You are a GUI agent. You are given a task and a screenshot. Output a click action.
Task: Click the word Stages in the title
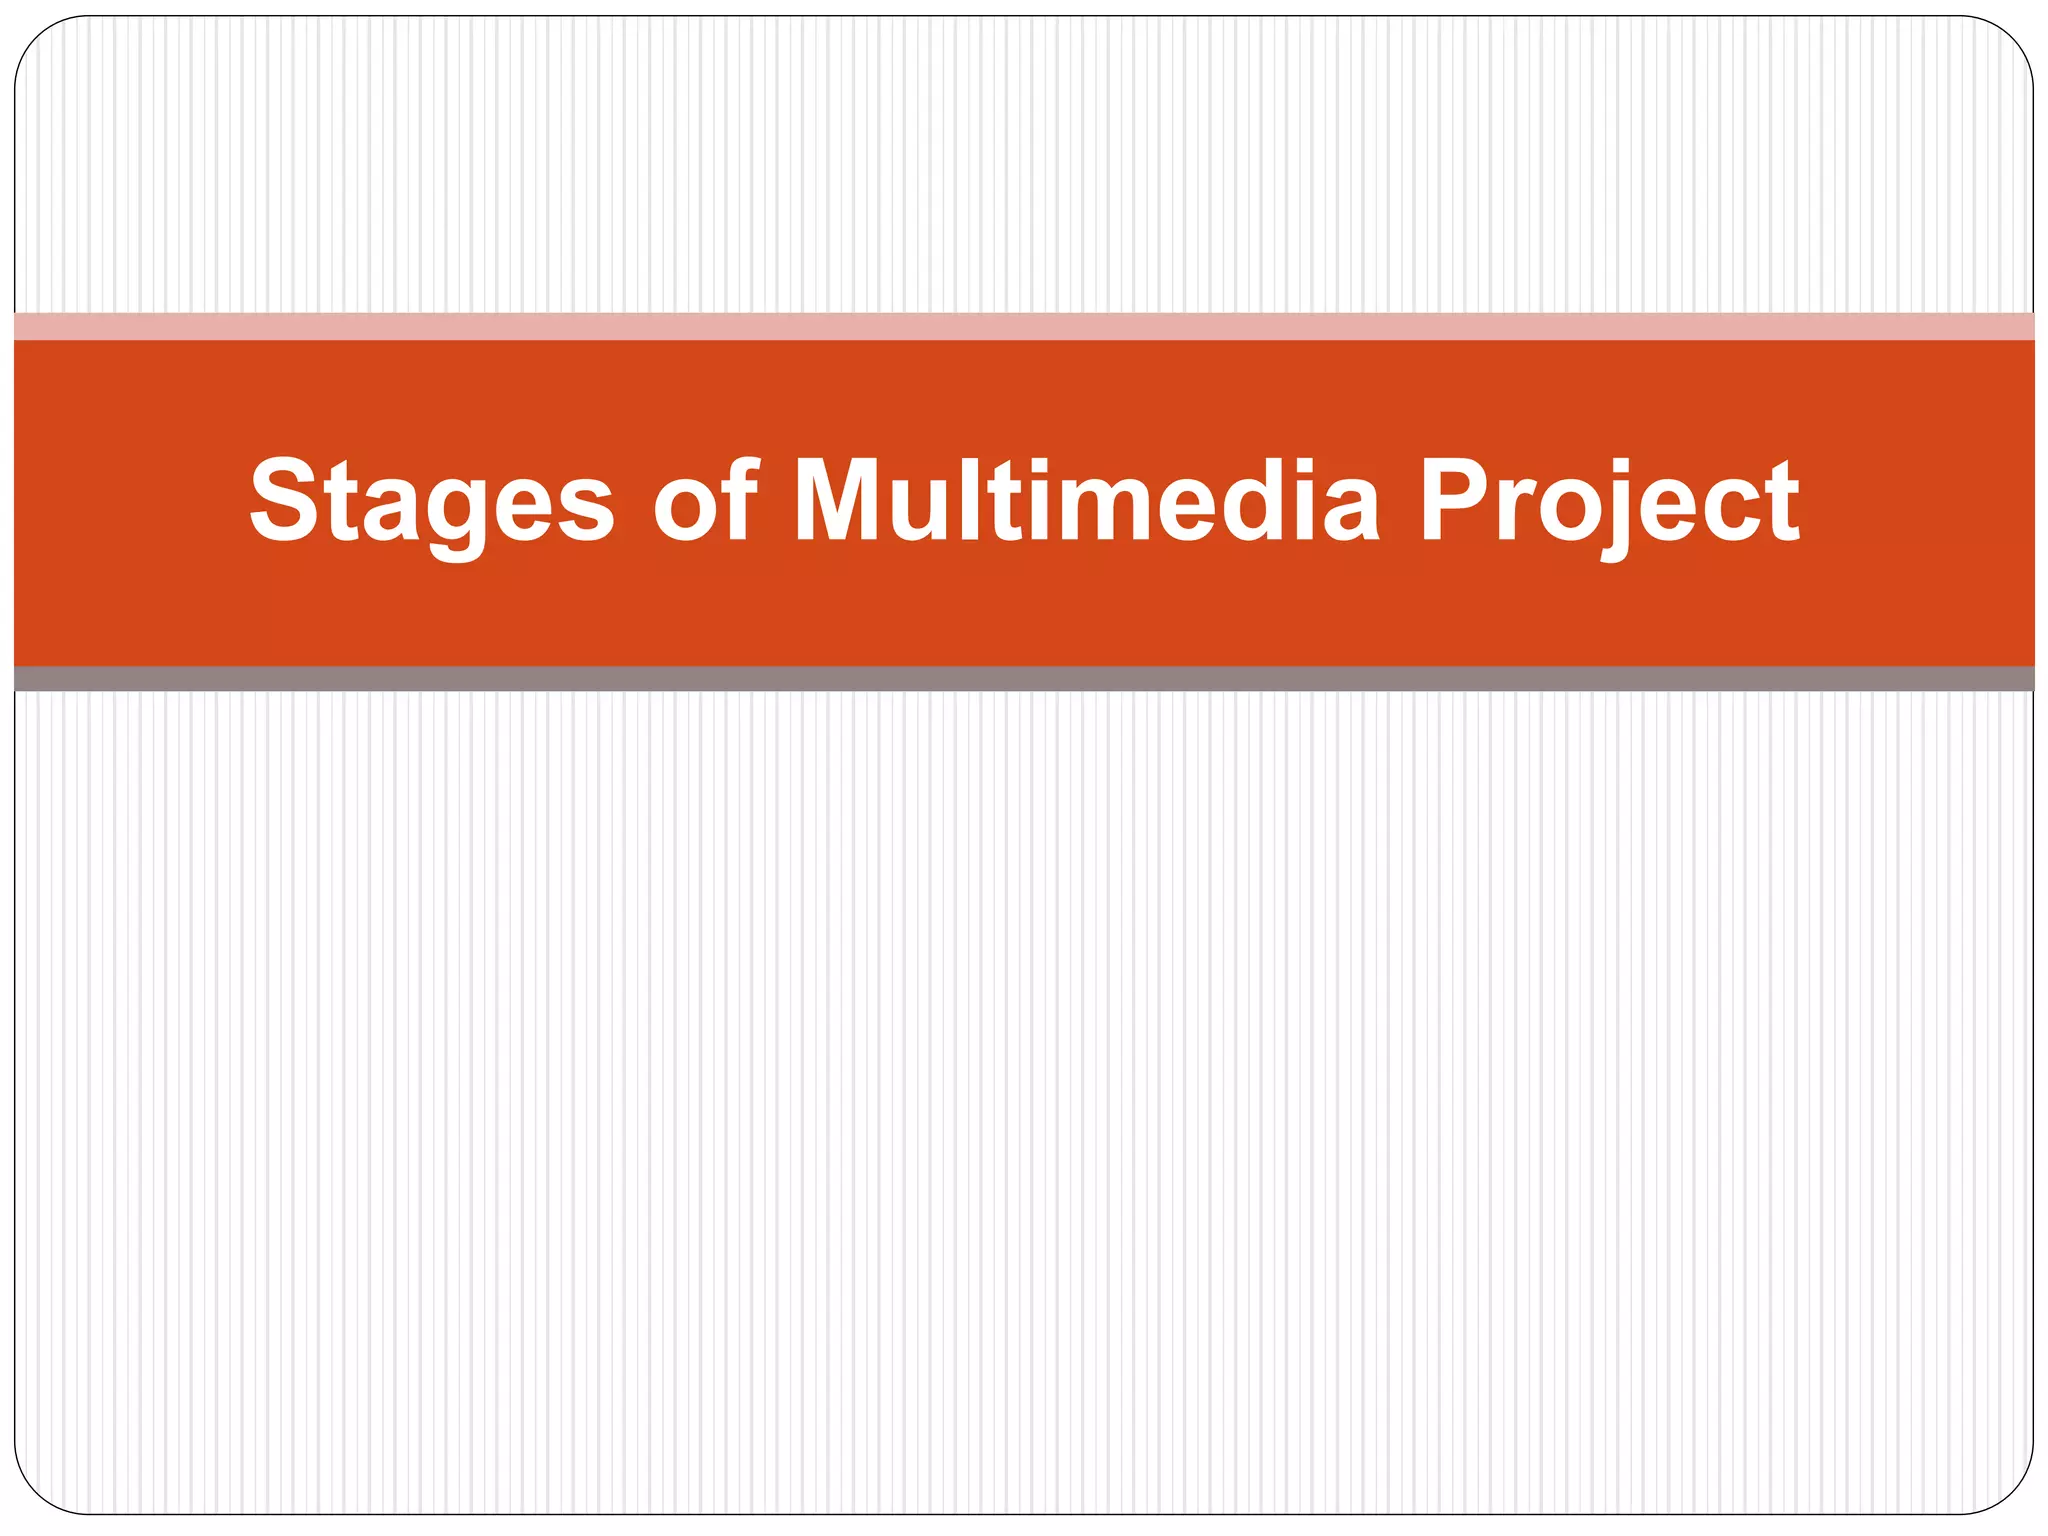432,500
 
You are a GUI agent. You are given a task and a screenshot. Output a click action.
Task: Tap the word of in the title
706,500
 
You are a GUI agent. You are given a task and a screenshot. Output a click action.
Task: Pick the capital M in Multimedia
842,500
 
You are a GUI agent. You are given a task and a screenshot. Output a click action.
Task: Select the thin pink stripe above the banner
1024,326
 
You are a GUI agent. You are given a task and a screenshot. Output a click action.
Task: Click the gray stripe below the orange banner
1024,679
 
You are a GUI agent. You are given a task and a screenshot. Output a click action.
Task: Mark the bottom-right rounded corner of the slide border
2014,1497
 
